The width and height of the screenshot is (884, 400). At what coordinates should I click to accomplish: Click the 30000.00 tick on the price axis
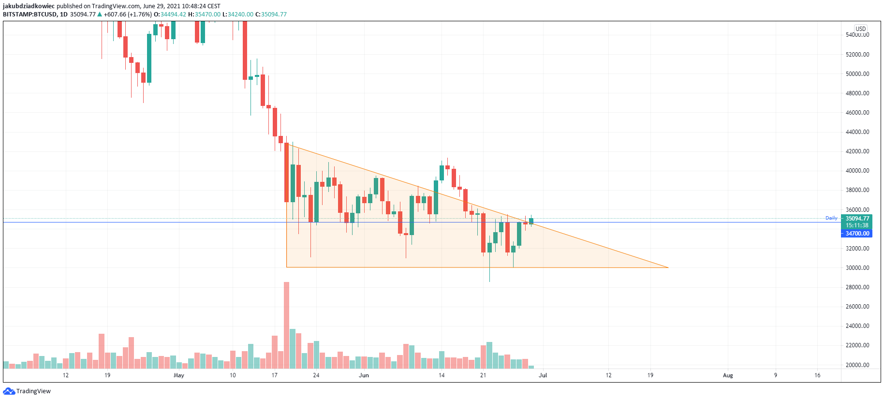(857, 267)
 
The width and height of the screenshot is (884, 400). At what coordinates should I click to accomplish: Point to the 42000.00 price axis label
(857, 151)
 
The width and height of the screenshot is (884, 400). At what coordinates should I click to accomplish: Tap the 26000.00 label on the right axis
(857, 306)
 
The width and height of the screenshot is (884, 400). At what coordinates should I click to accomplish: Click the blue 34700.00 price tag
(857, 233)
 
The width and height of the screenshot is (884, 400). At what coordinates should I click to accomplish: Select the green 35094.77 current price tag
(857, 219)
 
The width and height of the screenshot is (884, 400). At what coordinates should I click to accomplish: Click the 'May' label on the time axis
(179, 375)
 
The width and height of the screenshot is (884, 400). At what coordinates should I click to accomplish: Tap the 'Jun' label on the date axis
(364, 375)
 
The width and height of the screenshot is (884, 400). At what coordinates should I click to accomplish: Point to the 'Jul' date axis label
(543, 375)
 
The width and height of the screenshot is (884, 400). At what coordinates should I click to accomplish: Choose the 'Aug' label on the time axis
(728, 375)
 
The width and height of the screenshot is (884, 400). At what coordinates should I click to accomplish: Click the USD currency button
(860, 29)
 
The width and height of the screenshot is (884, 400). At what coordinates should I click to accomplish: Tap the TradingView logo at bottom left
(27, 391)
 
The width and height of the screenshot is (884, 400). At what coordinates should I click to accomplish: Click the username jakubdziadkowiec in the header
(29, 6)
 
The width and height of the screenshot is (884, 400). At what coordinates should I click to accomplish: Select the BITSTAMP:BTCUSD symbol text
(29, 15)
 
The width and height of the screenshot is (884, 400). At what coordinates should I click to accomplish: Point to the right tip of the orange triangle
(668, 267)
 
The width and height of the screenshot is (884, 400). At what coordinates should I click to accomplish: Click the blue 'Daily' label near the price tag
(831, 218)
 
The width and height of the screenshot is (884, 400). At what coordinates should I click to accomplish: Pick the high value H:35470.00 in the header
(204, 15)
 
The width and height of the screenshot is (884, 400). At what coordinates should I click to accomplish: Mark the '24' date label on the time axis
(316, 375)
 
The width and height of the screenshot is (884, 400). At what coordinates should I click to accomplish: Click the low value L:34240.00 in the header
(237, 15)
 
